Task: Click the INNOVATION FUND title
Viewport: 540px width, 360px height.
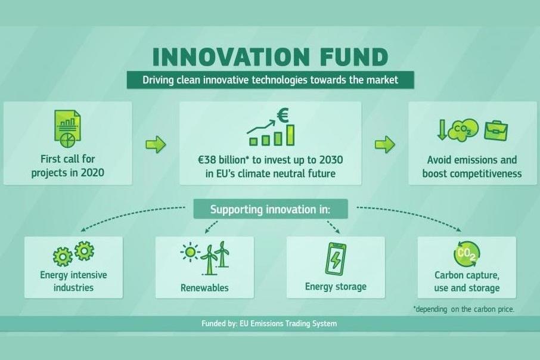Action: point(270,58)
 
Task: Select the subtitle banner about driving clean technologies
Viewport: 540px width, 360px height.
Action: point(270,80)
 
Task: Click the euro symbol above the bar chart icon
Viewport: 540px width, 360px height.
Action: point(282,115)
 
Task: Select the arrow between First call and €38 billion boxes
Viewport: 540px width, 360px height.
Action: point(156,144)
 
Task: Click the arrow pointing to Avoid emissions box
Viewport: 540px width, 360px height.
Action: point(385,144)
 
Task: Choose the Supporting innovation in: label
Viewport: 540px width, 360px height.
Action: point(270,210)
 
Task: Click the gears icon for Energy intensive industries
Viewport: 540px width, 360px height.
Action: point(74,254)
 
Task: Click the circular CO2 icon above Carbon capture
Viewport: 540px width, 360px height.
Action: point(467,253)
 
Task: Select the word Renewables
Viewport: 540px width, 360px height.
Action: point(204,288)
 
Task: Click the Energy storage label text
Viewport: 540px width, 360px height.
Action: point(336,287)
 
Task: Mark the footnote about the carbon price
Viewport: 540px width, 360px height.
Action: point(463,309)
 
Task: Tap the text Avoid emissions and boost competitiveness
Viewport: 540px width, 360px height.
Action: point(471,167)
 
